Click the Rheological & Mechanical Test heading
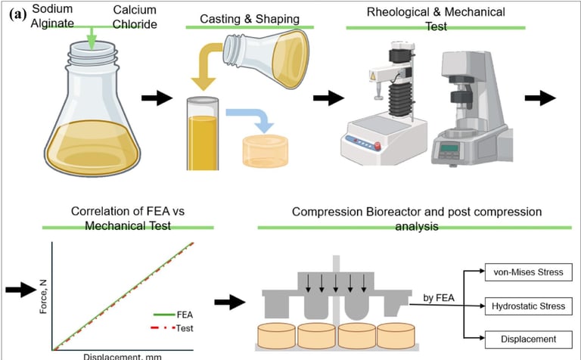tap(435, 17)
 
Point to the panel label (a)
tap(16, 12)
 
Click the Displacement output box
tap(524, 340)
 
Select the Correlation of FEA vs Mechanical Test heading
tap(129, 217)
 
